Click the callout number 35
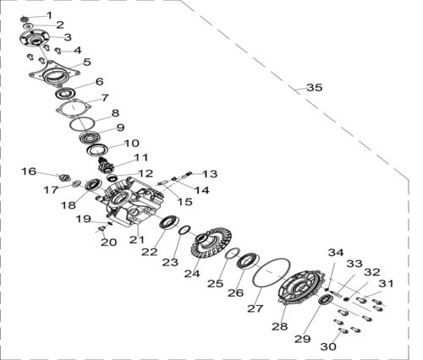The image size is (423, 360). [x=315, y=88]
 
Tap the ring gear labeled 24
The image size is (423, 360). [x=211, y=243]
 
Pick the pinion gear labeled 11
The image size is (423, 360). [x=106, y=166]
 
